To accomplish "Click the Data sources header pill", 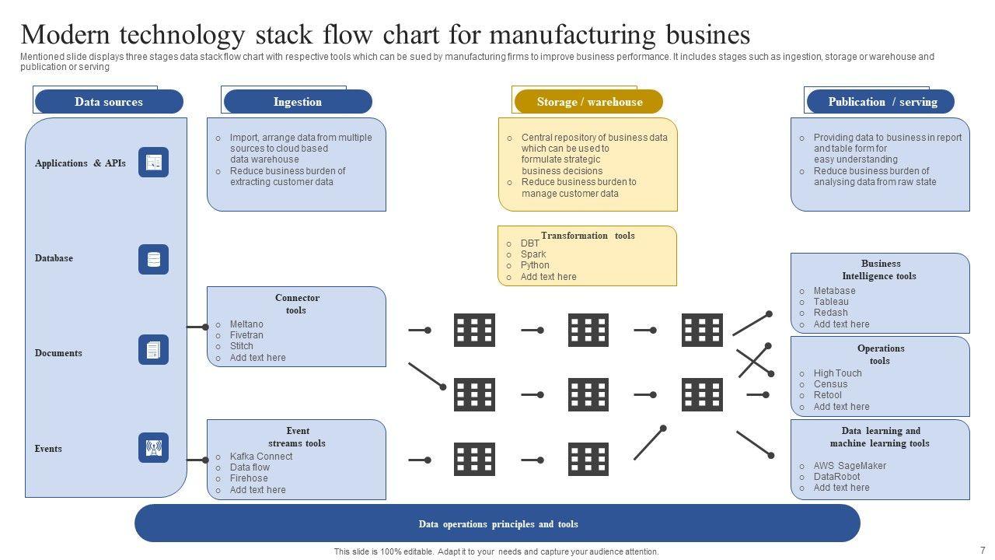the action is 109,102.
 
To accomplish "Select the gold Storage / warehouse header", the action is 588,102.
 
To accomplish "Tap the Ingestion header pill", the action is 298,102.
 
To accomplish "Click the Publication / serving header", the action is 881,102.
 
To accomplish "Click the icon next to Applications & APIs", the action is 153,163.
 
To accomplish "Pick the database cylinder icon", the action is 153,259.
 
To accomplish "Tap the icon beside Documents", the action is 153,350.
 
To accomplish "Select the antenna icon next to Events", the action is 153,447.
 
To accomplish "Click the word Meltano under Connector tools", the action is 246,324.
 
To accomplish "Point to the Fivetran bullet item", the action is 246,335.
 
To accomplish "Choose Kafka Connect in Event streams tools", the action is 261,457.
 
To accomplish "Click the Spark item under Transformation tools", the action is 533,254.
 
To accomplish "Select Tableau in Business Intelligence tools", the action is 831,301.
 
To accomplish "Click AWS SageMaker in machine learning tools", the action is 850,466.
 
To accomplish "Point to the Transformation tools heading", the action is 588,236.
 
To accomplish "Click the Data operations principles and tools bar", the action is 497,523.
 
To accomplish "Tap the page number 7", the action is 983,550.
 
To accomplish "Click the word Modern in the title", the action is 65,35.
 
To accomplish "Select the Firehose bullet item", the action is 249,478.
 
